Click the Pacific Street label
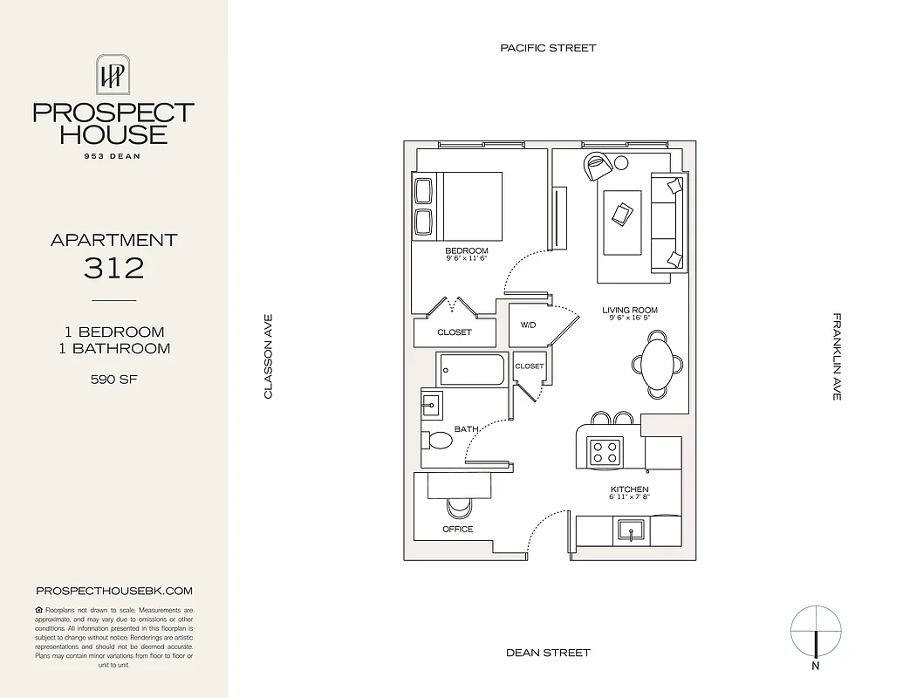pos(548,48)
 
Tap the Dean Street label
pos(548,653)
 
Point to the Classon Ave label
pos(269,357)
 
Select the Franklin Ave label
pos(836,357)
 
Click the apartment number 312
pos(113,268)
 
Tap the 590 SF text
pos(113,380)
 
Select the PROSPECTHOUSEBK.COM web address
pos(113,591)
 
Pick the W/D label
pos(529,325)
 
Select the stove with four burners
pos(605,450)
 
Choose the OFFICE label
pos(458,530)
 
